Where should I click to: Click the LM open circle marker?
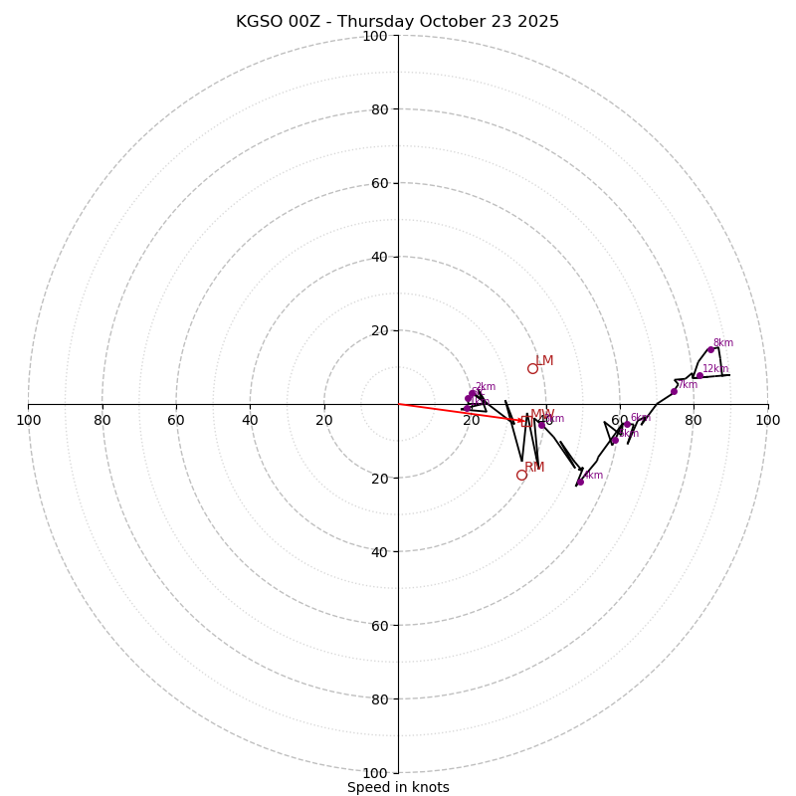(532, 368)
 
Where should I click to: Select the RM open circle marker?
(521, 475)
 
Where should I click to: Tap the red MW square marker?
(526, 421)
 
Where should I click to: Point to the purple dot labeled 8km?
(710, 349)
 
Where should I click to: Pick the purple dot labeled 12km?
(699, 375)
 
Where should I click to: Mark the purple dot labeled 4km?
(580, 482)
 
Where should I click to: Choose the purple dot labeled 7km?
(674, 391)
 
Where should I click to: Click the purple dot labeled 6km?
(628, 424)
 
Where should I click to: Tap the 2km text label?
(485, 387)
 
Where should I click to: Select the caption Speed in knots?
(398, 787)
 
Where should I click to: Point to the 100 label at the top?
(374, 36)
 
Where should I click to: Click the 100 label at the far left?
(28, 420)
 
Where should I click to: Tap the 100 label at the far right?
(767, 420)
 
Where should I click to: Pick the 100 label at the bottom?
(374, 772)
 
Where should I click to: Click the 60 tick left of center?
(176, 420)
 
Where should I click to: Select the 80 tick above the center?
(378, 109)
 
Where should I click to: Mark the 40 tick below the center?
(378, 551)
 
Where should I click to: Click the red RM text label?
(535, 467)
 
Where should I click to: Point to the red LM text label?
(544, 361)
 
